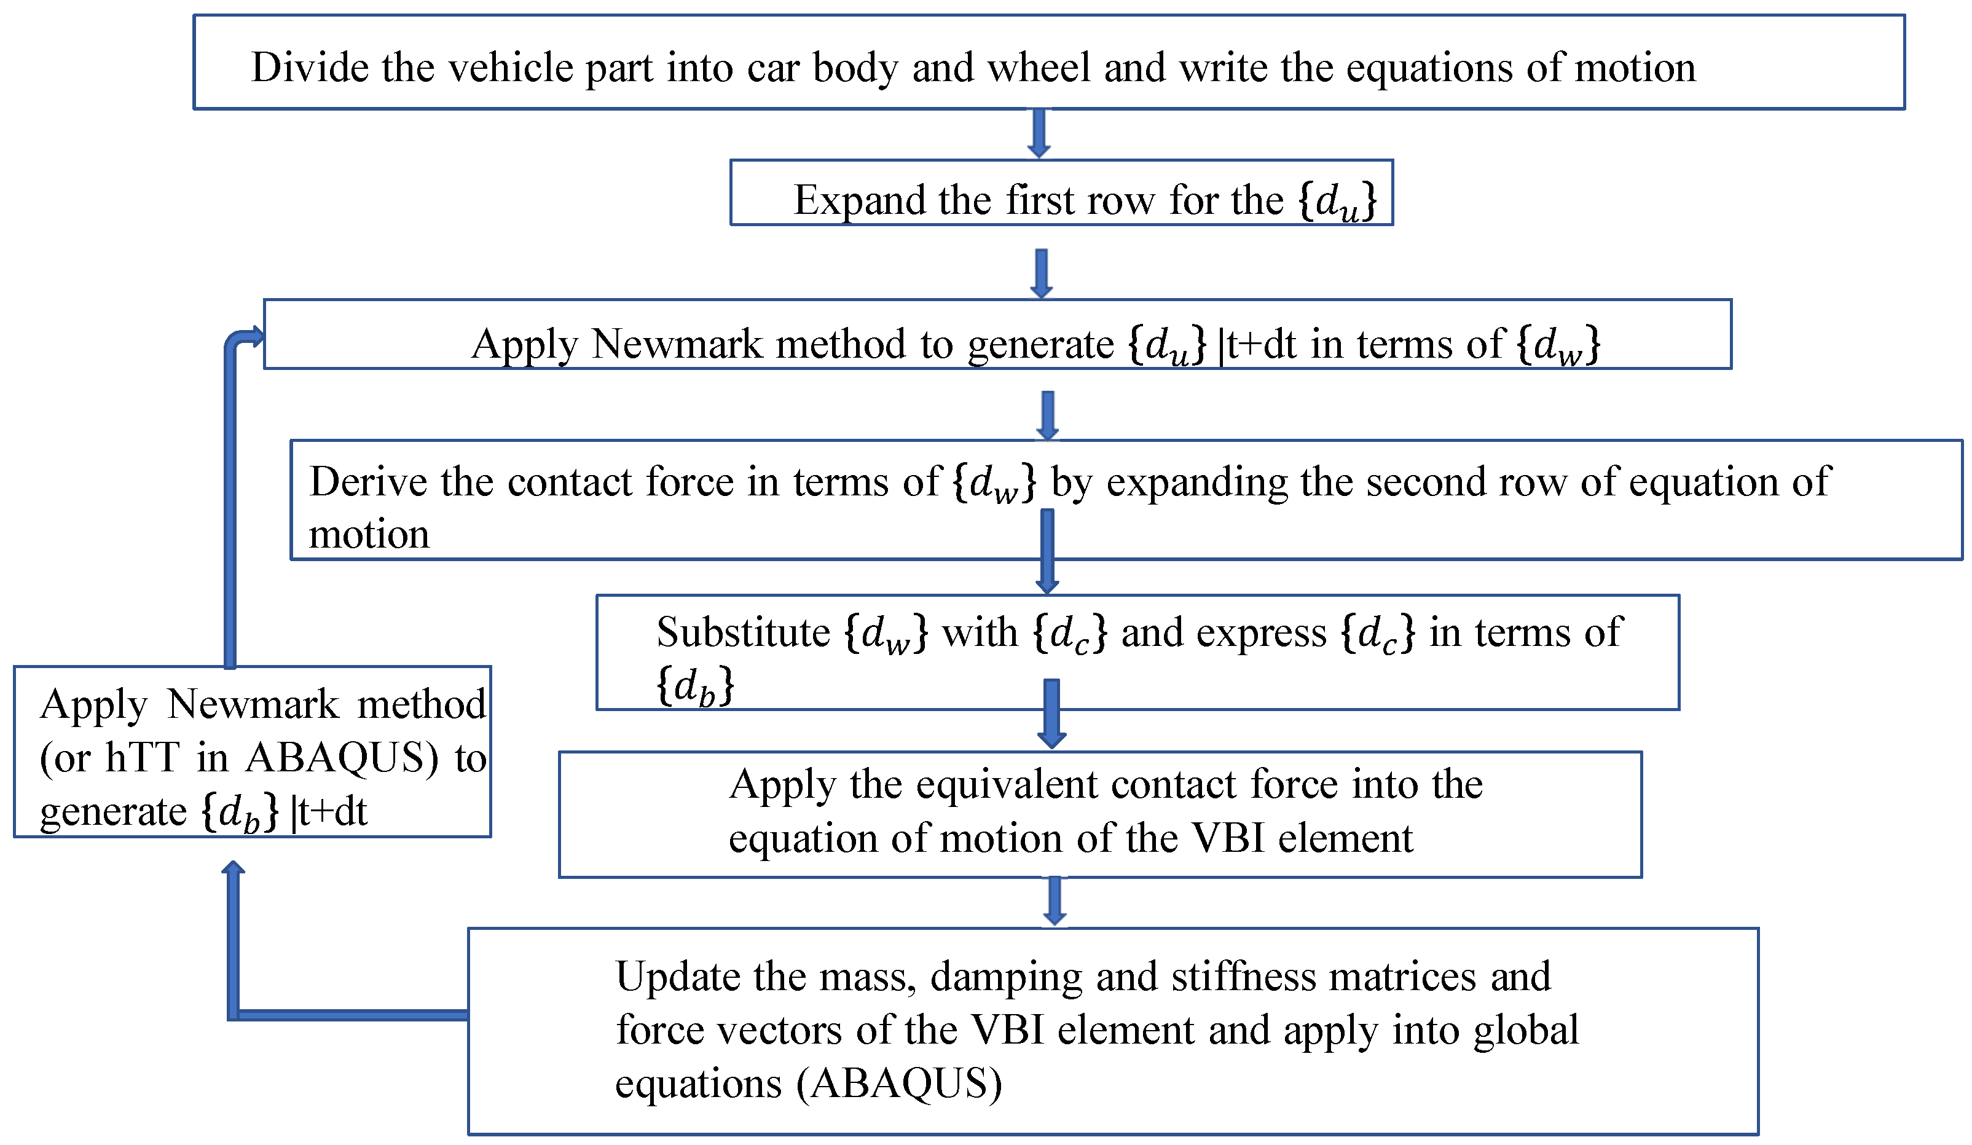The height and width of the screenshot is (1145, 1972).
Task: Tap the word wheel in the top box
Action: click(x=1039, y=68)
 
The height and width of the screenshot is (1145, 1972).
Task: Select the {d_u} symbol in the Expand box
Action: click(x=1337, y=201)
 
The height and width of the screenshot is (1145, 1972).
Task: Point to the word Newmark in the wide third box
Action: click(x=677, y=344)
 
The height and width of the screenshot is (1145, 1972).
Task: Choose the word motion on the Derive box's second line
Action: click(x=369, y=535)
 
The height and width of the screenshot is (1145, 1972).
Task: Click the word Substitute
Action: click(x=742, y=632)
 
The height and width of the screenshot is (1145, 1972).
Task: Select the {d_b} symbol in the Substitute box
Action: click(x=695, y=687)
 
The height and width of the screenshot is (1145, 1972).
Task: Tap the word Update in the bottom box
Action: click(x=666, y=977)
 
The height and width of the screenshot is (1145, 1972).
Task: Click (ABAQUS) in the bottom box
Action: click(x=899, y=1085)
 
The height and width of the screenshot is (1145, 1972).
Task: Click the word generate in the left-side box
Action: click(x=112, y=812)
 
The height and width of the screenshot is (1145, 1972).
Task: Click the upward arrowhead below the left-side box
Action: click(x=233, y=868)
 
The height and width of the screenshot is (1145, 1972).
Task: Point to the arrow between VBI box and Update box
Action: click(x=1055, y=902)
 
